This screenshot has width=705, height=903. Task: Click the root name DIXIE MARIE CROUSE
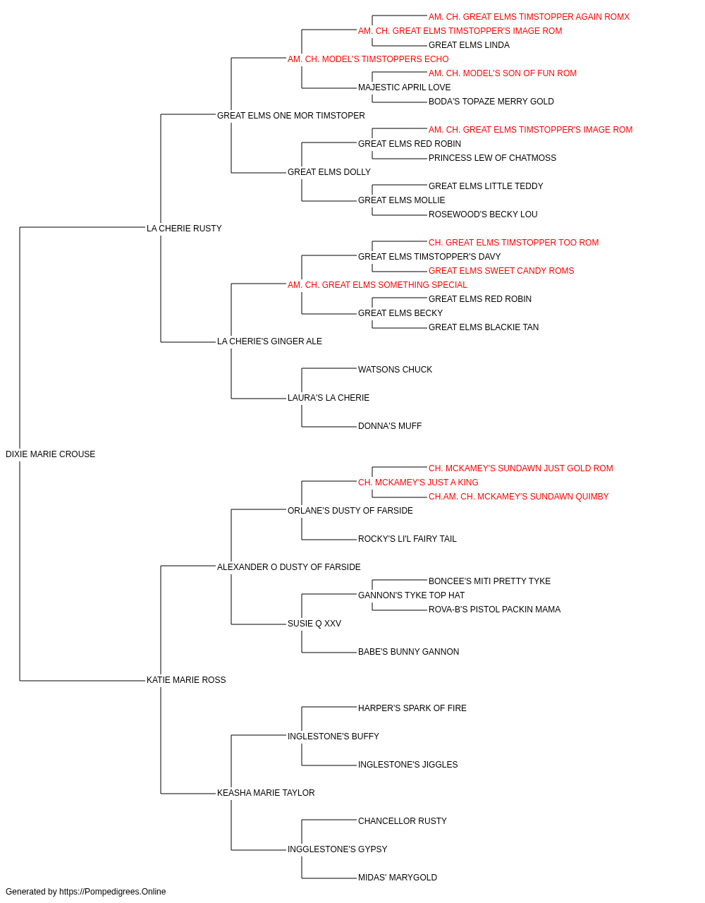tap(50, 454)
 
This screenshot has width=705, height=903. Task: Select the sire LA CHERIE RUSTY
tap(184, 228)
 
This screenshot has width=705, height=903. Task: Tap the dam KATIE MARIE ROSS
tap(186, 679)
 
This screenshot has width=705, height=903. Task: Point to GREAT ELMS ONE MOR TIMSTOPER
tap(290, 115)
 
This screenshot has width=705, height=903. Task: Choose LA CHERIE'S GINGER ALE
tap(269, 341)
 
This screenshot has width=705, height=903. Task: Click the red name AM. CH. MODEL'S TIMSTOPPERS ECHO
tap(368, 59)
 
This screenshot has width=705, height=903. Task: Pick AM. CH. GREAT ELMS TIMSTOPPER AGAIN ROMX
tap(529, 17)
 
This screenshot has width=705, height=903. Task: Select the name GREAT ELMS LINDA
tap(469, 44)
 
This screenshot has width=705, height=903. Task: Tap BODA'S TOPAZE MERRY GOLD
tap(491, 101)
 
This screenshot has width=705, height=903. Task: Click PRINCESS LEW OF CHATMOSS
tap(492, 157)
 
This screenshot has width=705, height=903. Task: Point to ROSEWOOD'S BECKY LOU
tap(483, 214)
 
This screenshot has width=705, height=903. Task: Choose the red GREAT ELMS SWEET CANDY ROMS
tap(501, 270)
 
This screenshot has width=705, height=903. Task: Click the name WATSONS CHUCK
tap(395, 369)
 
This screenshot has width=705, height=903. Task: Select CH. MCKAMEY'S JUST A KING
tap(418, 482)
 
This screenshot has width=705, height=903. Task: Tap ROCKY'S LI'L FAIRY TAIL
tap(407, 538)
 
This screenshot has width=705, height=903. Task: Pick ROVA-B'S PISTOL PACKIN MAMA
tap(494, 609)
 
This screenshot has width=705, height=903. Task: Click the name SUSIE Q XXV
tap(314, 623)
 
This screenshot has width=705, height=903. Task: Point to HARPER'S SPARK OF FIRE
tap(412, 708)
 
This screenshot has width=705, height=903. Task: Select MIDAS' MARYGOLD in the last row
tap(398, 877)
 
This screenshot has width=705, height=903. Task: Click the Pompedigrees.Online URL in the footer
tap(113, 892)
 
